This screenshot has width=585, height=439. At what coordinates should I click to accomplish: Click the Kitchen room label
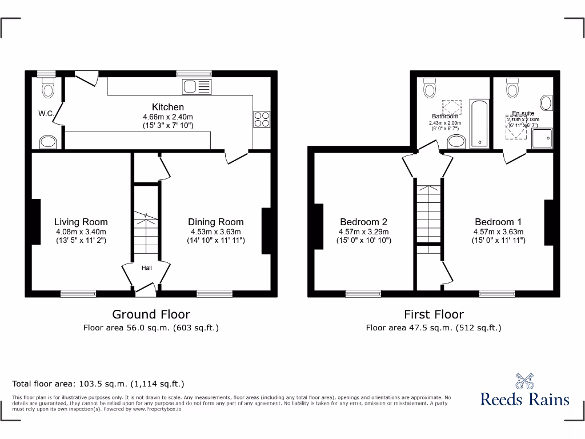[x=167, y=107]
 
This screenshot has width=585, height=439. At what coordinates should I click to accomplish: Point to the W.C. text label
[x=46, y=114]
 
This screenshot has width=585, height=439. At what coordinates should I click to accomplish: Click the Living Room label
[x=81, y=222]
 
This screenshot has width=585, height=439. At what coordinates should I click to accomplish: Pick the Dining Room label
[x=216, y=222]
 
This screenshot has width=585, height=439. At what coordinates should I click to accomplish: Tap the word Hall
[x=147, y=267]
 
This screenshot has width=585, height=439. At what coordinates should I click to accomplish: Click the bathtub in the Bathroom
[x=479, y=122]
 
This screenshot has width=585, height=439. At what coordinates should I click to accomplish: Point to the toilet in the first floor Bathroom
[x=430, y=89]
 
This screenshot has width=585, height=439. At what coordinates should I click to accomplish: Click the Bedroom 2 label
[x=364, y=222]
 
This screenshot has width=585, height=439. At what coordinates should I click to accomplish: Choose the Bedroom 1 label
[x=498, y=222]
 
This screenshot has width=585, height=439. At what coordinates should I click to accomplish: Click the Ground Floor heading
[x=151, y=314]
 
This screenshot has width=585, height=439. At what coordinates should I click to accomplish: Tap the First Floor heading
[x=434, y=314]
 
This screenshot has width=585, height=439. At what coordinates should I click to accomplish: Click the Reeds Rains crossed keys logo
[x=524, y=381]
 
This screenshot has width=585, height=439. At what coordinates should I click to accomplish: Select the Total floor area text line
[x=98, y=384]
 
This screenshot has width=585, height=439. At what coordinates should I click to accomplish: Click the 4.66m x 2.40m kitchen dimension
[x=167, y=117]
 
